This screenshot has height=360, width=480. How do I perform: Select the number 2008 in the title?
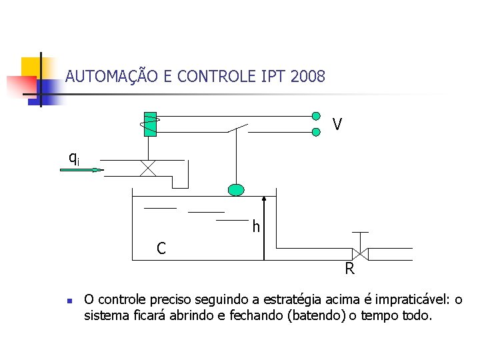[308, 77]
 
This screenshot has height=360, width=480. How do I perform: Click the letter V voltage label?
[337, 125]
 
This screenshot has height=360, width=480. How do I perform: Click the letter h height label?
[256, 227]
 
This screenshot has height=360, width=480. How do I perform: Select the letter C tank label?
[161, 249]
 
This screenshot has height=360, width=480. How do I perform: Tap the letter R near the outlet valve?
[349, 269]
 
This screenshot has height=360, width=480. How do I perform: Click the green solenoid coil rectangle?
[151, 123]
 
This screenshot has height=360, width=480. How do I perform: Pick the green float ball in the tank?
[236, 190]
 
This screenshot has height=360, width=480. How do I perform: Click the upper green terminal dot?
[316, 115]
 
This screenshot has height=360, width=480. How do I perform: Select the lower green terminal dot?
[316, 132]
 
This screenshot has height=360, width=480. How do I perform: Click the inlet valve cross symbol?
[148, 168]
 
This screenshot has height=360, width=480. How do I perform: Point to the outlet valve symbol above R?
[361, 253]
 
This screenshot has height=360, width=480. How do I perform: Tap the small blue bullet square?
[69, 301]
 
